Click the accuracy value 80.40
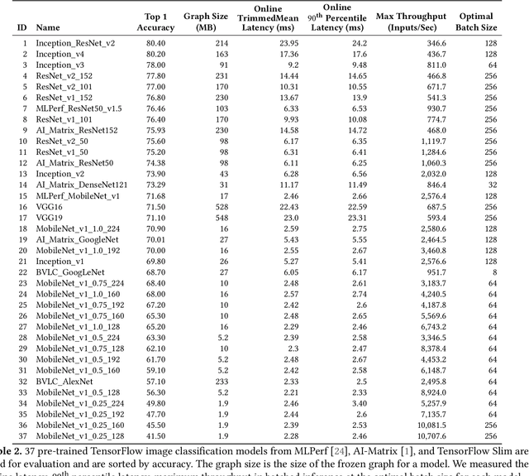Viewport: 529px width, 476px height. (x=155, y=42)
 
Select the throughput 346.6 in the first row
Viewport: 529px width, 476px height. (x=433, y=42)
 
